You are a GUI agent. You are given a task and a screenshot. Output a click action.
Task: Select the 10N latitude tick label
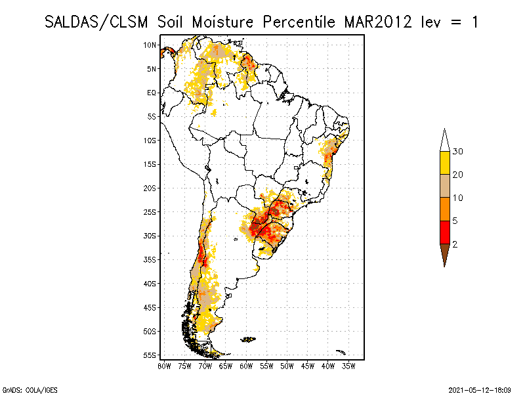pyautogui.click(x=150, y=45)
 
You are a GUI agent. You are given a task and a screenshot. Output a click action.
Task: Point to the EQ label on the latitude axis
pyautogui.click(x=152, y=93)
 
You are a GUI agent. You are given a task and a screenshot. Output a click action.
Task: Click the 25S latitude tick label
pyautogui.click(x=150, y=212)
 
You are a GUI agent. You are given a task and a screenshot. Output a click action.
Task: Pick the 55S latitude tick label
pyautogui.click(x=150, y=355)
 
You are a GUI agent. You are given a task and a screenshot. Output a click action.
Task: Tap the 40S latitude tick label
pyautogui.click(x=150, y=284)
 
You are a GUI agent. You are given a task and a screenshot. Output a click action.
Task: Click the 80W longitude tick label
pyautogui.click(x=164, y=366)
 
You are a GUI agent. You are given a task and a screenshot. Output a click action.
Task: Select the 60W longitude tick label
pyautogui.click(x=246, y=366)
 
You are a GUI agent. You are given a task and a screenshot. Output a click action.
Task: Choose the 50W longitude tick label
pyautogui.click(x=287, y=366)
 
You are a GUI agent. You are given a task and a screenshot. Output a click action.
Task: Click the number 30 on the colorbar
pyautogui.click(x=458, y=152)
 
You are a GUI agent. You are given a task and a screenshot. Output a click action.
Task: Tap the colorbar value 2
pyautogui.click(x=455, y=244)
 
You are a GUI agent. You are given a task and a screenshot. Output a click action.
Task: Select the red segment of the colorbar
pyautogui.click(x=444, y=232)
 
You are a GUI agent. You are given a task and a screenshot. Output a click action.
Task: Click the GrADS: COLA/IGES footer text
pyautogui.click(x=25, y=389)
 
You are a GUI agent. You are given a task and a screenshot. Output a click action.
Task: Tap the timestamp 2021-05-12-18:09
pyautogui.click(x=480, y=389)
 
